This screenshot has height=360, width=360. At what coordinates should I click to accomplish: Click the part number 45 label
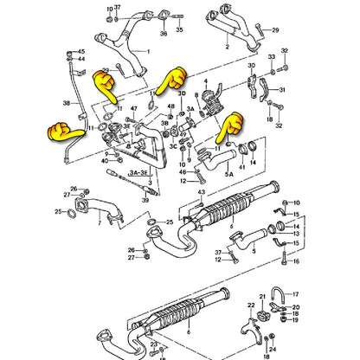(x=81, y=52)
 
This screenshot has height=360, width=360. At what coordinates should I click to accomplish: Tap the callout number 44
(x=81, y=61)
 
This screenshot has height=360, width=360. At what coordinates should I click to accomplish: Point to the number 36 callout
(x=162, y=33)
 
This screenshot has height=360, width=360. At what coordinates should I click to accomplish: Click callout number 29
(x=275, y=29)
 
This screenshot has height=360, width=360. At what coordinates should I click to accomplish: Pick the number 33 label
(x=271, y=56)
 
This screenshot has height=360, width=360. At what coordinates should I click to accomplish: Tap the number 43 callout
(x=201, y=190)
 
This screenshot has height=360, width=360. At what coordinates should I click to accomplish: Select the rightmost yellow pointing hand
(x=229, y=126)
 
